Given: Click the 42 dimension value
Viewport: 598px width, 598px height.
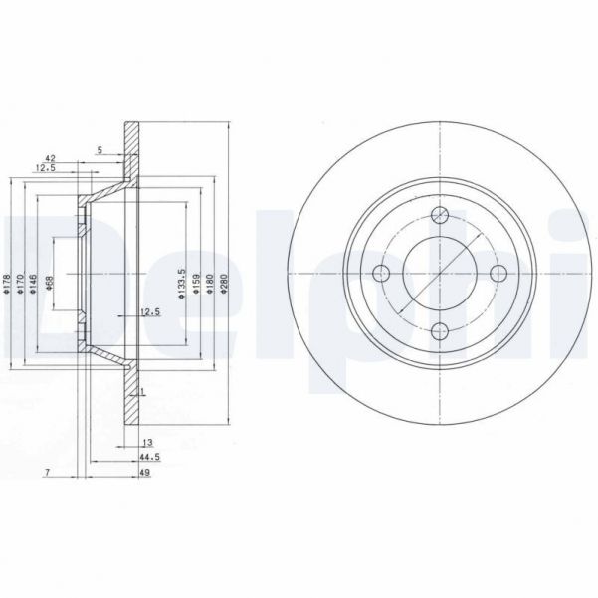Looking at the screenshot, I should click(x=49, y=157).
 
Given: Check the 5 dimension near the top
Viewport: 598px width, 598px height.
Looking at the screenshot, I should click(x=100, y=150).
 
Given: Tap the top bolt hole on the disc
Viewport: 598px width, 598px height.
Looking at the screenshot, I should click(x=439, y=213).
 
